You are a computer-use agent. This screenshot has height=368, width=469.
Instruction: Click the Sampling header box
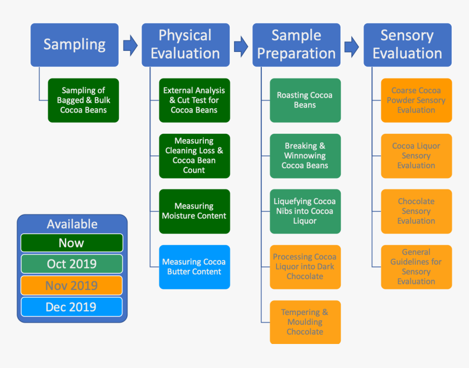pos(74,45)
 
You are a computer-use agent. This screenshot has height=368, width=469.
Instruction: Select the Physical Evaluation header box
pos(185,45)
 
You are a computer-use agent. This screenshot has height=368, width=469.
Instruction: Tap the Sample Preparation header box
pos(296,45)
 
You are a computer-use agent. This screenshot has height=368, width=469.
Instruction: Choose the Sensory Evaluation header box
pos(407,45)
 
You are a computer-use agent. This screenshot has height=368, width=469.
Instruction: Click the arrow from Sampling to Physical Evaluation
pos(130,45)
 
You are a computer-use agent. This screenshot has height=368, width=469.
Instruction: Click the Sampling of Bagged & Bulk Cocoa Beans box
pos(83,100)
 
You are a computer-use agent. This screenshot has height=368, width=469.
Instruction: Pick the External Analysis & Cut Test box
pos(194,100)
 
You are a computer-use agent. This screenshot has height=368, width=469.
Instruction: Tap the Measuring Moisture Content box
pos(194,211)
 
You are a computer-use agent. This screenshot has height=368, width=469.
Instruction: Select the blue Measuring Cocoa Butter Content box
pos(194,267)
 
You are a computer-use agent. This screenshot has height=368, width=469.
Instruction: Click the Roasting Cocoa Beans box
pos(305,100)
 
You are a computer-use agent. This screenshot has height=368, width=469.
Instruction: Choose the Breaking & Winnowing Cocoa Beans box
pos(305,156)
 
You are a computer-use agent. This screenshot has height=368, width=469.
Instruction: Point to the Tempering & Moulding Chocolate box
pos(305,322)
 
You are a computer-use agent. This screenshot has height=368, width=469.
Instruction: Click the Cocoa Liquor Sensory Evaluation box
pos(416,156)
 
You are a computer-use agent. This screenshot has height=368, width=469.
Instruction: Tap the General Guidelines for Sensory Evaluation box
pos(416,267)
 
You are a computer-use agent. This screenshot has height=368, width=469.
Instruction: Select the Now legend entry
pos(71,243)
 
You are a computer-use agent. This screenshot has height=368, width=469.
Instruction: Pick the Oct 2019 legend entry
pos(71,264)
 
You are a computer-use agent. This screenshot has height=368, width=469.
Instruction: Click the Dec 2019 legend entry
pos(71,307)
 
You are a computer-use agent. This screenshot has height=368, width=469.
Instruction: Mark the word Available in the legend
pos(72,224)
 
